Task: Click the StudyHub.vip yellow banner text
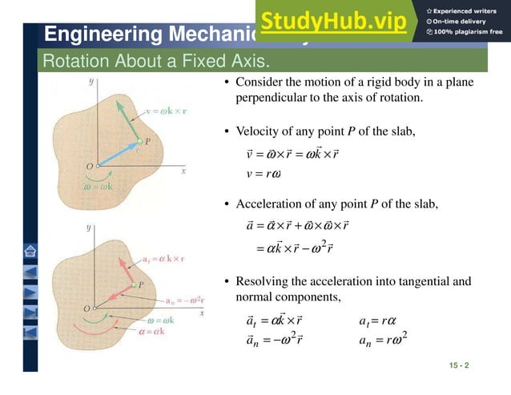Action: [333, 21]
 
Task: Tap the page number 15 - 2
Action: [459, 365]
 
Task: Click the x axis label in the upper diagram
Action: [183, 171]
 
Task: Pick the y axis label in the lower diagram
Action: [88, 228]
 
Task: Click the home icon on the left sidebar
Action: [30, 250]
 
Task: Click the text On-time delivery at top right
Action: [463, 21]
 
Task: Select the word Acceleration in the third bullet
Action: [269, 204]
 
